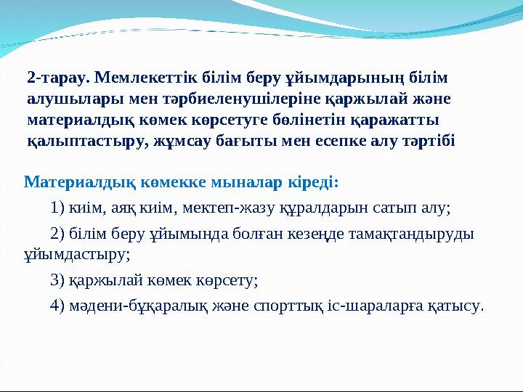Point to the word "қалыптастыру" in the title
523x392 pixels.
click(80, 141)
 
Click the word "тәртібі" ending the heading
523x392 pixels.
click(428, 141)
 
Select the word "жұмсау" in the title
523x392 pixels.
click(178, 141)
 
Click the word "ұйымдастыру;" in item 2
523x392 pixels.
click(77, 254)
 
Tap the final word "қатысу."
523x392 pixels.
click(458, 305)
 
